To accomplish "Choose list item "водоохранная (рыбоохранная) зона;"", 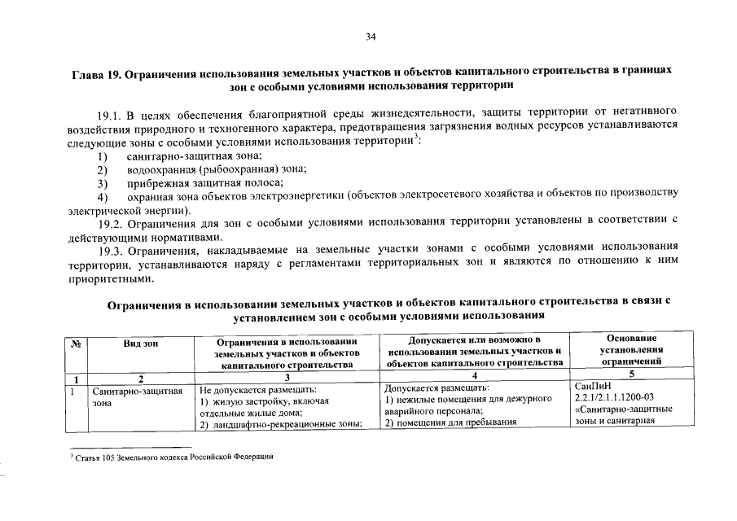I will tap(216, 169).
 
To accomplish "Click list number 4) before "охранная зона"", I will tap(103, 197).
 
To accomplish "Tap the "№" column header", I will tap(76, 344).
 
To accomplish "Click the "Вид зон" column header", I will tap(140, 344).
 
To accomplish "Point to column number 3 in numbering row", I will tap(287, 379).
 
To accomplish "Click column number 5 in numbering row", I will tap(631, 374).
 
